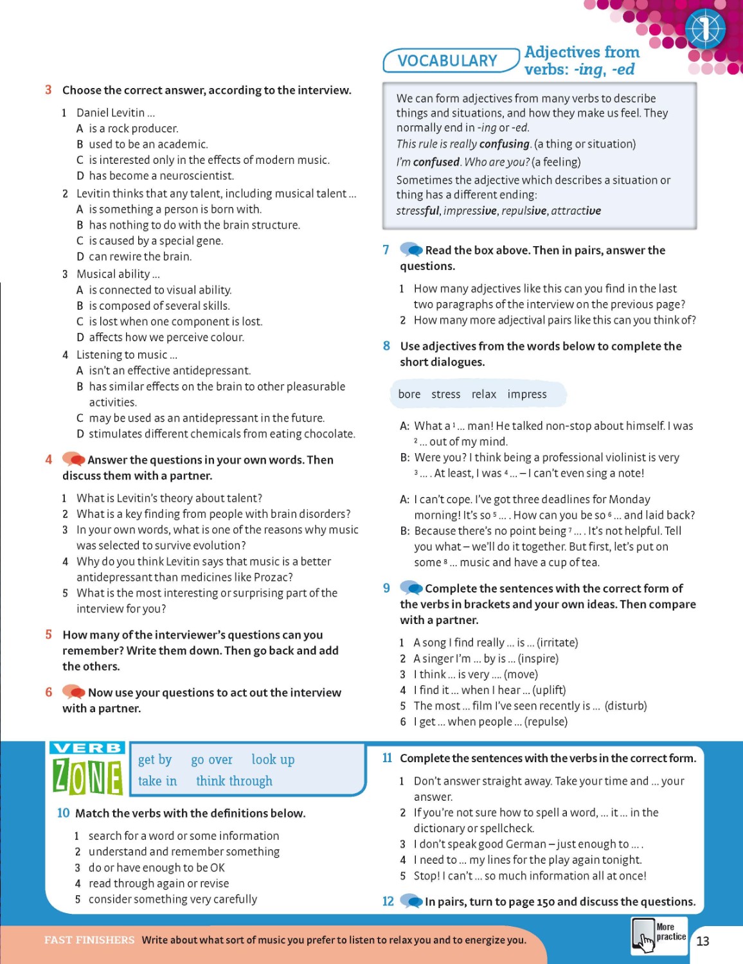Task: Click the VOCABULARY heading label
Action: point(447,60)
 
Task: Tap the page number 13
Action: point(703,941)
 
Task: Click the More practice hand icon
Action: point(643,936)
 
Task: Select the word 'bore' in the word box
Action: point(409,394)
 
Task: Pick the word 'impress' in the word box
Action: point(527,394)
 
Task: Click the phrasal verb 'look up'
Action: point(273,760)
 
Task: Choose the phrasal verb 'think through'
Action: point(234,781)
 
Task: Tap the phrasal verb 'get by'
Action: point(155,760)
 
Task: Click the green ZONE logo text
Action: point(87,776)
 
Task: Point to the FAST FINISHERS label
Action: point(89,940)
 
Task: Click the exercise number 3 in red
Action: point(48,90)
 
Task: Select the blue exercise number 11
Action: point(388,758)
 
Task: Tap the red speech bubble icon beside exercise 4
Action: point(74,459)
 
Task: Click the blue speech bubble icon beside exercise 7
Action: point(411,249)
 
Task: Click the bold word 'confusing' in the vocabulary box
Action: point(503,144)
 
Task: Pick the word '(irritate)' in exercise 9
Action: point(557,642)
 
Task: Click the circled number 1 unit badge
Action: point(705,29)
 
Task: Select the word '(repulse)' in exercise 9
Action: point(546,721)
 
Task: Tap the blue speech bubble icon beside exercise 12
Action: point(411,901)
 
